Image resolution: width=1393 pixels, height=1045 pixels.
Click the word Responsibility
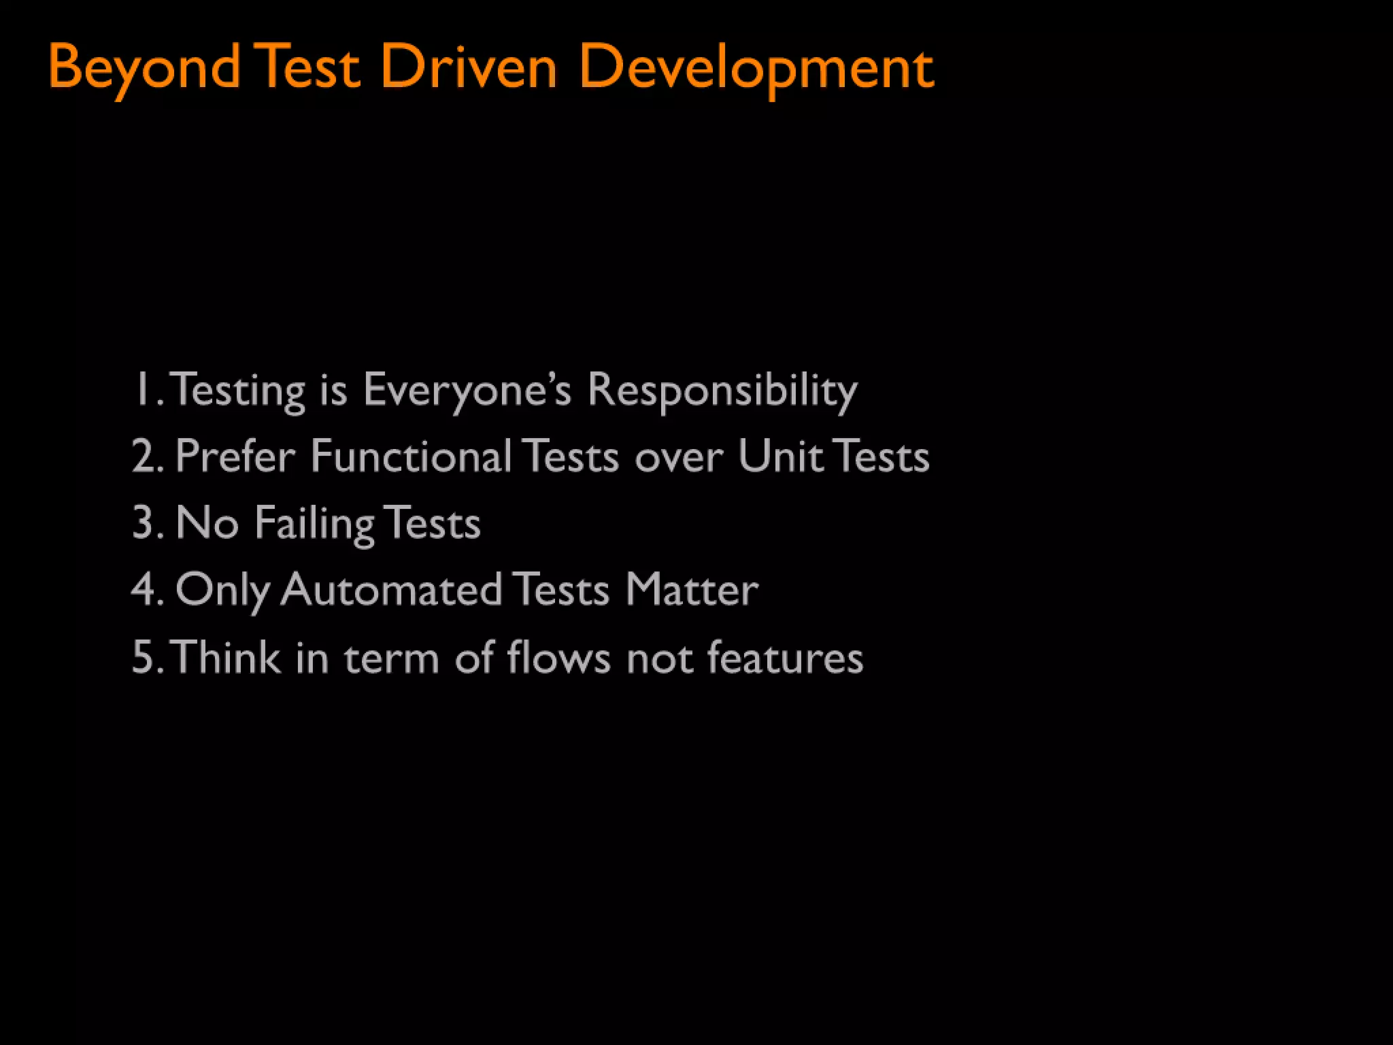[x=722, y=391]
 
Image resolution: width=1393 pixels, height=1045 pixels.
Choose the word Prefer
[x=235, y=456]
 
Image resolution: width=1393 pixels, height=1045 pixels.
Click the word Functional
[x=411, y=456]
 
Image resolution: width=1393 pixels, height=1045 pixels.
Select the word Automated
[x=392, y=589]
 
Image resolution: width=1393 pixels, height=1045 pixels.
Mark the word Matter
[x=691, y=589]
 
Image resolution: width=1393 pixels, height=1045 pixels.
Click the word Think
[x=226, y=657]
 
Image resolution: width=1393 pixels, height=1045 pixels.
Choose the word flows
[x=558, y=657]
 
